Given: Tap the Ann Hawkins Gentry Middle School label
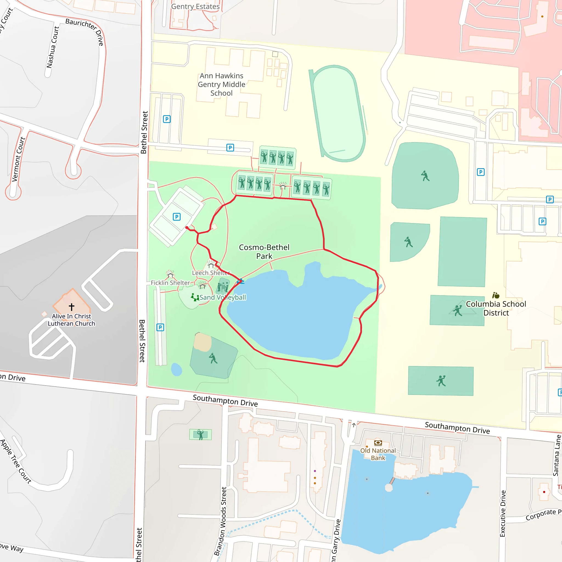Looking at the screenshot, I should tap(221, 84).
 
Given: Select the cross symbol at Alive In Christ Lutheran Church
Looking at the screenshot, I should tap(72, 307).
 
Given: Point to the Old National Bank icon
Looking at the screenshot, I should tap(378, 443).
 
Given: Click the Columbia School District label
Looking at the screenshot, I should tap(496, 308).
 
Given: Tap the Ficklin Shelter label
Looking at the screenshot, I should tap(170, 283).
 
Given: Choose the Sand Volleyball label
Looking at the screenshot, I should tap(223, 297).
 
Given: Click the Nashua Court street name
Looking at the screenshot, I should tap(53, 47).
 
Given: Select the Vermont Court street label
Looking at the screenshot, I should tap(18, 159).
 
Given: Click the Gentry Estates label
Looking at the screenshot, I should tap(195, 6).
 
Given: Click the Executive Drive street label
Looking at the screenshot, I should tap(503, 513).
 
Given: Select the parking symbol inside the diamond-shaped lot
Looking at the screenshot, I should tap(176, 217).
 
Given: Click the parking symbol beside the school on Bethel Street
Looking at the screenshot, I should tap(167, 119).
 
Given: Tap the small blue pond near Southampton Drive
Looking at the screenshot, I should tap(176, 369).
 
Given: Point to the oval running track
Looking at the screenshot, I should tap(337, 113).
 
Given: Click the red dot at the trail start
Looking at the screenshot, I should tap(187, 227).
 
